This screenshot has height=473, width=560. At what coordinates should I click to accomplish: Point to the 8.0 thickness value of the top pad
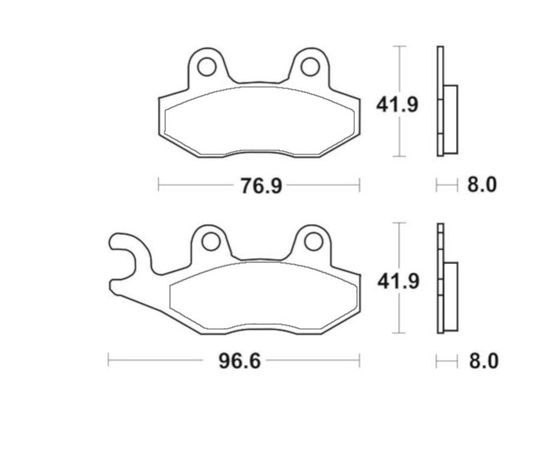point(481,185)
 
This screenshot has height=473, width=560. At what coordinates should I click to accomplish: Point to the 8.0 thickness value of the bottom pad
point(481,362)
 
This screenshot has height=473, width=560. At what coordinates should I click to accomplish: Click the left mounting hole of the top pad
point(205,67)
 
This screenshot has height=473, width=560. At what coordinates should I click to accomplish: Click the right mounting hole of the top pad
point(310,67)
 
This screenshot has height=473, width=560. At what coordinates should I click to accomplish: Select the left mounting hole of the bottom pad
point(210,242)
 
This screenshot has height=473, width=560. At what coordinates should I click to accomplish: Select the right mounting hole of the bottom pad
point(313,242)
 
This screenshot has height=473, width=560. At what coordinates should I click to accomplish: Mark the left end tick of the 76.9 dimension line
point(159,185)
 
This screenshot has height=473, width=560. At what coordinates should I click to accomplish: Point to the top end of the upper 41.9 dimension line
point(401,46)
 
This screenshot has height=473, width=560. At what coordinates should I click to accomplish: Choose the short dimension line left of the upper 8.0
point(447,185)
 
